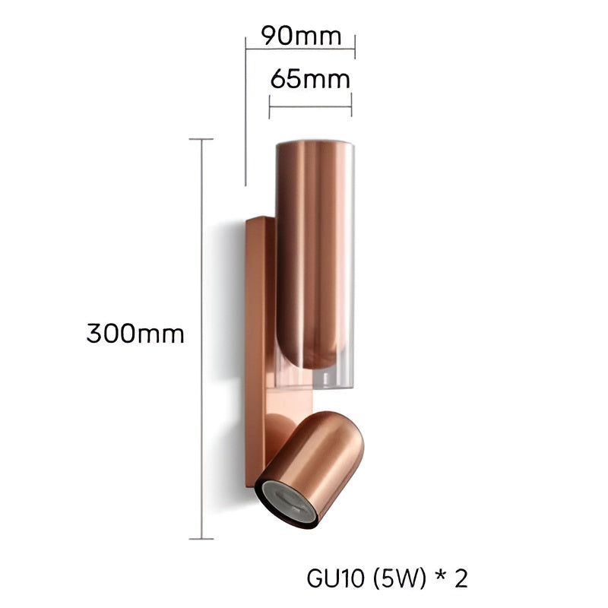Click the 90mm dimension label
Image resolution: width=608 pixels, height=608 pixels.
coord(299,35)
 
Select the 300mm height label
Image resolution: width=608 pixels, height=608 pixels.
coord(135,334)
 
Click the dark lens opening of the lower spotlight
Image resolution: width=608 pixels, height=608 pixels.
coord(288,502)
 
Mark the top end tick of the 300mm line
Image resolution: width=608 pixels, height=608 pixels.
coord(201,139)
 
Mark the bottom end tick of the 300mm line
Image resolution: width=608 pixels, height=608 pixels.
coord(201,538)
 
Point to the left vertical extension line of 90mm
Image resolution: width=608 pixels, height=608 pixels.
coord(245,114)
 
